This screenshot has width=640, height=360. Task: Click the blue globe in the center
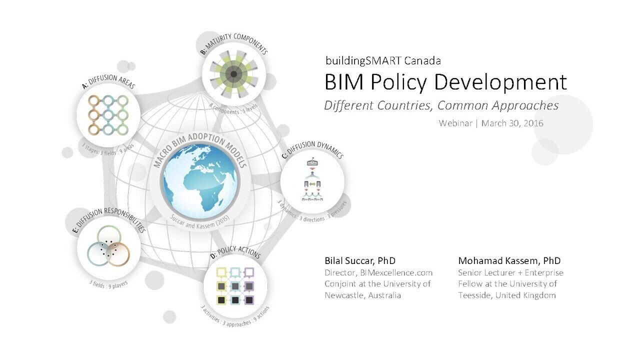[200, 182]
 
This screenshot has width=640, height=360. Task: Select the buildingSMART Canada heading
[383, 60]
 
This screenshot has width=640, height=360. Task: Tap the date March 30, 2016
[512, 123]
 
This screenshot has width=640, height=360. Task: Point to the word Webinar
[455, 123]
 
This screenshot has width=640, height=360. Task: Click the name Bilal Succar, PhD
[360, 260]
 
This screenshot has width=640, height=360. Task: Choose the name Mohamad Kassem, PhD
[509, 260]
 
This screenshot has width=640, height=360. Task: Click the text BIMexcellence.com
[396, 272]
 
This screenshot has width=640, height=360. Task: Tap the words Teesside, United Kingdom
[507, 295]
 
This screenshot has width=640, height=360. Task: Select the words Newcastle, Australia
[363, 295]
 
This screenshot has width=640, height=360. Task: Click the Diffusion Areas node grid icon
[108, 115]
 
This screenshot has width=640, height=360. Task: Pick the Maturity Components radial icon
[233, 74]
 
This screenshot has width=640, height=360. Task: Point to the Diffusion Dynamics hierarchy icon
[312, 180]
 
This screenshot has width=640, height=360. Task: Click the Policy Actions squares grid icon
[235, 286]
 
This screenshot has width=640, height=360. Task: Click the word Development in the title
[500, 83]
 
